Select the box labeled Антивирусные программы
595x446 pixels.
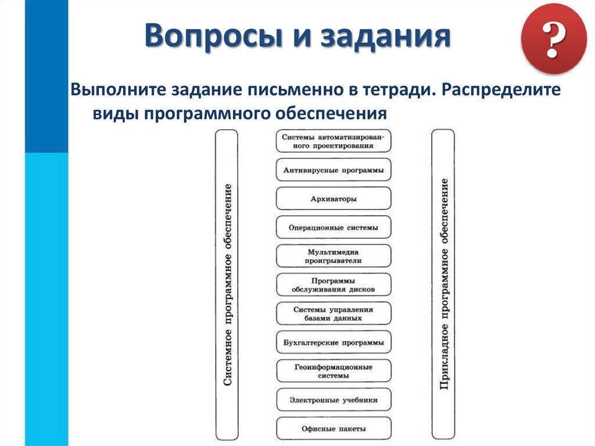point(334,170)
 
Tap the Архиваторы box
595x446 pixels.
point(334,199)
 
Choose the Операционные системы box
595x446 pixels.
point(334,227)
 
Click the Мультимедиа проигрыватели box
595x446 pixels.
point(334,256)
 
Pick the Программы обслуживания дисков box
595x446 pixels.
point(334,284)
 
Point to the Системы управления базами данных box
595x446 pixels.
point(334,313)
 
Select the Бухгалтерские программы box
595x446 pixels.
point(334,342)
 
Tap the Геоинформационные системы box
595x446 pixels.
point(334,371)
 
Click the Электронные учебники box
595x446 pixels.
point(334,399)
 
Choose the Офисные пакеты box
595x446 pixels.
point(334,429)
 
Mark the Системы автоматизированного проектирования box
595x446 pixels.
point(334,141)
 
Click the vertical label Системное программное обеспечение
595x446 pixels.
point(227,284)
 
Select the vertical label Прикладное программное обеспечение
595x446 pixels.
point(443,284)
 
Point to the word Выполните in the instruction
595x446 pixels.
point(117,90)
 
